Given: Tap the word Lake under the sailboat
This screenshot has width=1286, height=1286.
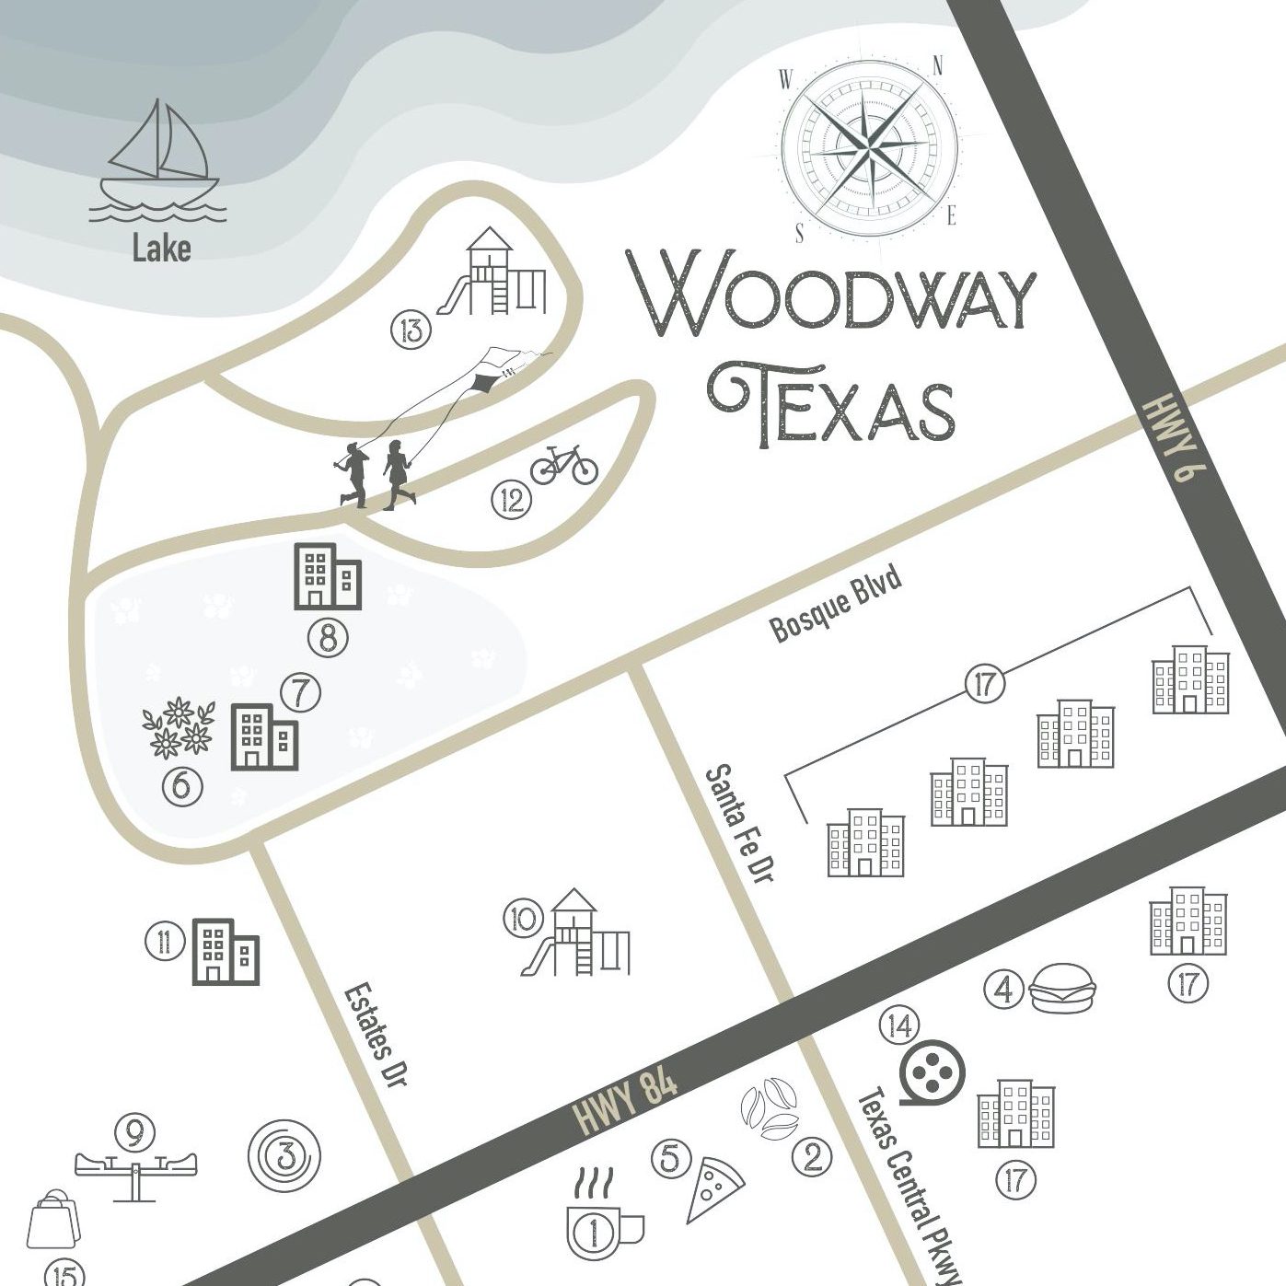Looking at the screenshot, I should tap(161, 248).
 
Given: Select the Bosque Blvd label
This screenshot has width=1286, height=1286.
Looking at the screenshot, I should tap(834, 606).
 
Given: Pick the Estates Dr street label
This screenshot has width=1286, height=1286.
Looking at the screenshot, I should tap(377, 1035).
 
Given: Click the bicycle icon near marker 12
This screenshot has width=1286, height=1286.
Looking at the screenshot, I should tap(563, 465).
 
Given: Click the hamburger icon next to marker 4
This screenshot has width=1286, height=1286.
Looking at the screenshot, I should tap(1063, 989).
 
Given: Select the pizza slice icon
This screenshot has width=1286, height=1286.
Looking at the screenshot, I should tap(714, 1188).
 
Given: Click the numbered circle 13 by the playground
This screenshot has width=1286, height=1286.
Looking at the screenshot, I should tap(411, 329).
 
